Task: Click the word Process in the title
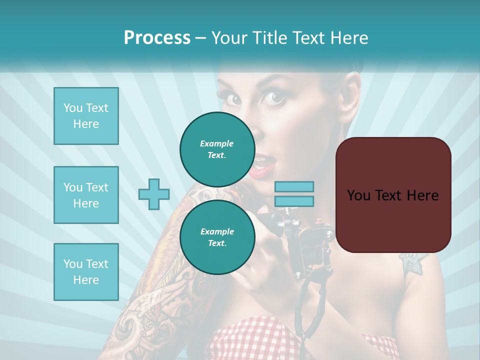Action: (x=157, y=38)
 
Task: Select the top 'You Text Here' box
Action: (x=86, y=116)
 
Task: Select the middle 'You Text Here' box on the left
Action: (x=86, y=195)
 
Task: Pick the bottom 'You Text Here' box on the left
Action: (x=86, y=271)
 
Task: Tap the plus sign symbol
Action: (x=154, y=194)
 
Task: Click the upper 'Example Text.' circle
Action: (x=217, y=149)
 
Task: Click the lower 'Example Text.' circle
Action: (x=217, y=237)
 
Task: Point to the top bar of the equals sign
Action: (x=294, y=186)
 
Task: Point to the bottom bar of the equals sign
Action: (x=294, y=201)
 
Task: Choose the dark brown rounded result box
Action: (x=393, y=194)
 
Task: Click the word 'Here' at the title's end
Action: (x=350, y=38)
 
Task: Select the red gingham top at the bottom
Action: (x=260, y=340)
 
